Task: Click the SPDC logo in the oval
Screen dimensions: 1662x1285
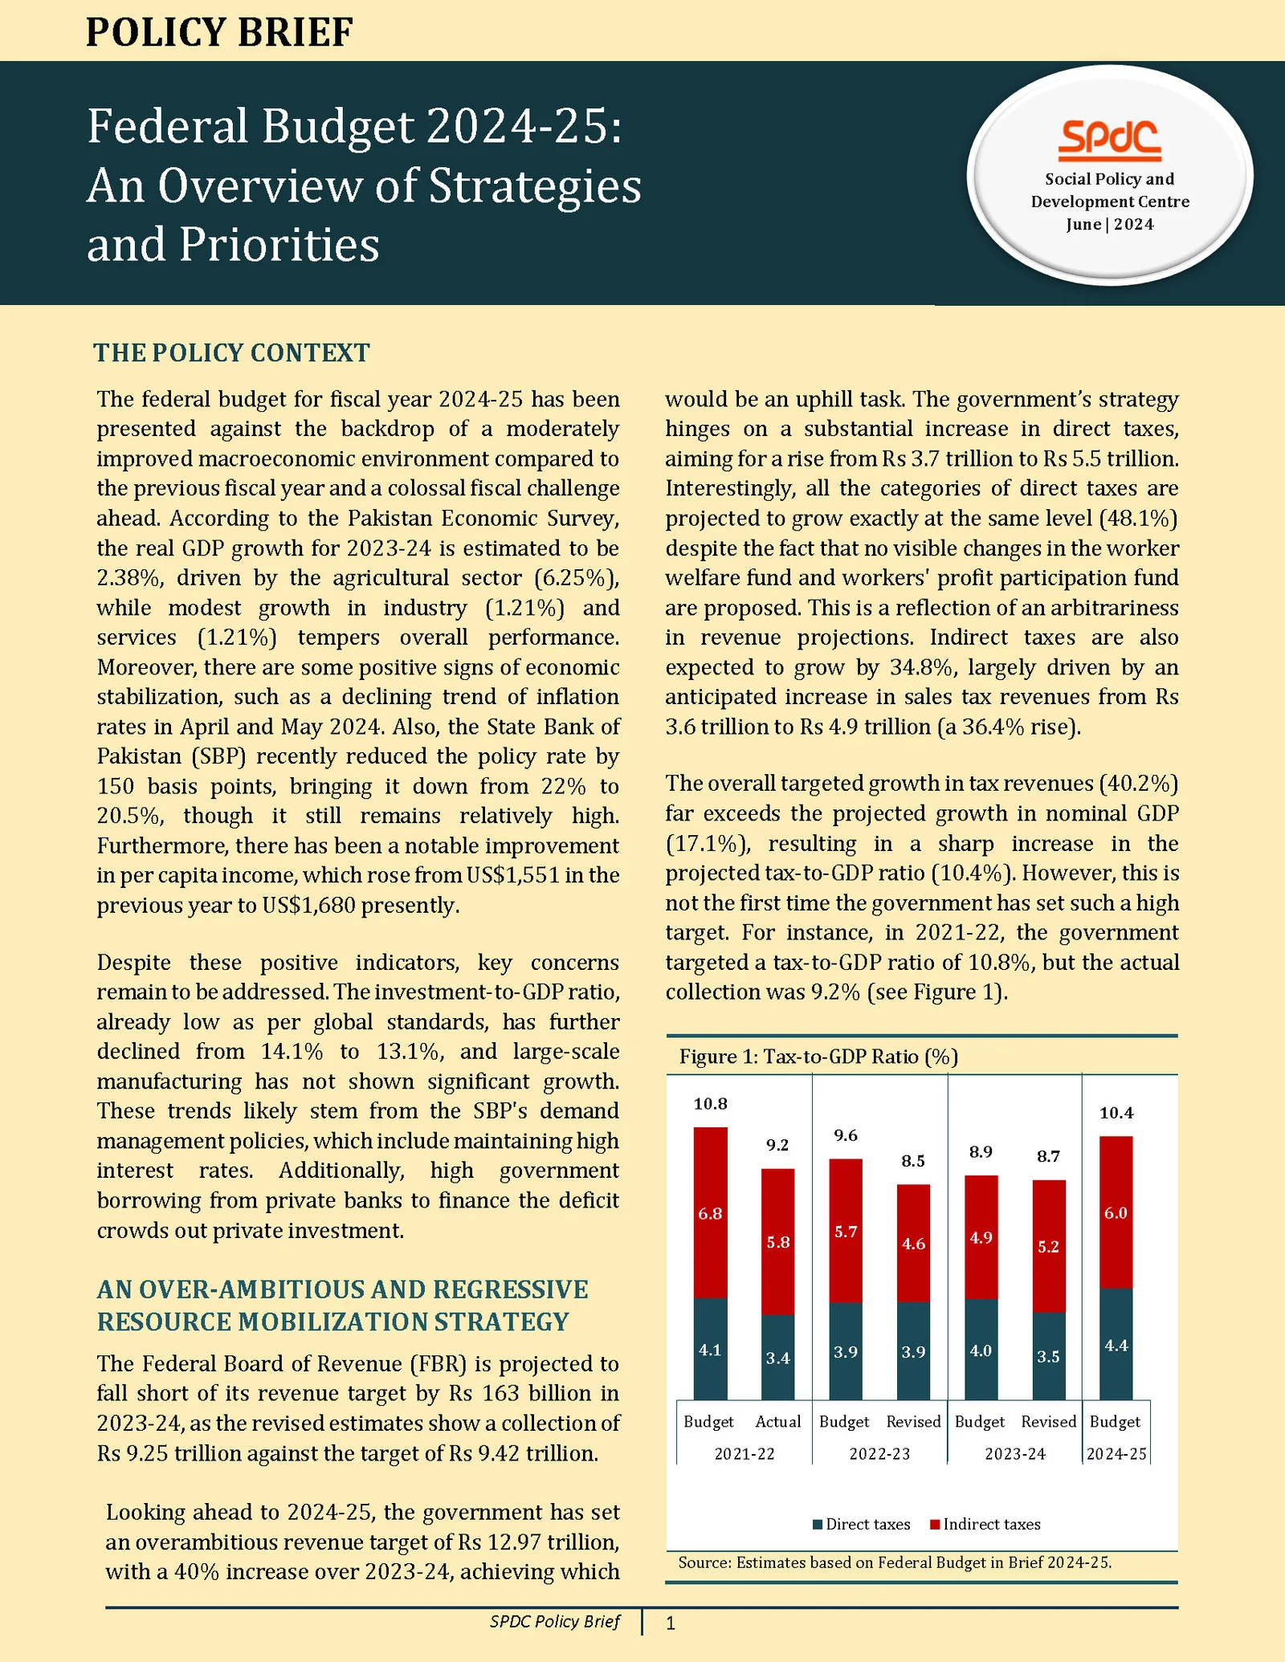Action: pos(1109,140)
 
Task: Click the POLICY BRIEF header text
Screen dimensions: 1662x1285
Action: pos(219,32)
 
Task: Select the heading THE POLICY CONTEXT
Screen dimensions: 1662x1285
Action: pos(231,352)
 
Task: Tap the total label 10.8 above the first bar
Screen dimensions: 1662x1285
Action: pos(710,1104)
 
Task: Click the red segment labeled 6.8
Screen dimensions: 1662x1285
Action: pos(710,1213)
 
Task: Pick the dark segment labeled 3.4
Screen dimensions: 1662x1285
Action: pos(777,1358)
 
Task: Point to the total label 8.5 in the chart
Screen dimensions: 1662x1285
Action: pos(913,1161)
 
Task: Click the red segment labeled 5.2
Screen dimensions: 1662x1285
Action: pos(1048,1246)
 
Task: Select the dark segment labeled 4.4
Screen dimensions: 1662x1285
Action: pos(1116,1345)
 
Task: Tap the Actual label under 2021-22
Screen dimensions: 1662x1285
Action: pos(777,1421)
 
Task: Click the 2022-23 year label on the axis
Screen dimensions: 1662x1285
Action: pos(879,1454)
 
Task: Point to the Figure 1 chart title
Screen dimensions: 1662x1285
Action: pos(818,1056)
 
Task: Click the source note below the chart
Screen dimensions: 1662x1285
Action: pos(895,1562)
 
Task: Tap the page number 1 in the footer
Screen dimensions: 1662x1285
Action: pos(671,1623)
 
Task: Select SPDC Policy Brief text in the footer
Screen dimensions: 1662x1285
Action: pos(554,1621)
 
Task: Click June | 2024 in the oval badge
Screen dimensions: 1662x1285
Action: pos(1109,224)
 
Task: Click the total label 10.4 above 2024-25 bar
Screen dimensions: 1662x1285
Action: pos(1116,1113)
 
